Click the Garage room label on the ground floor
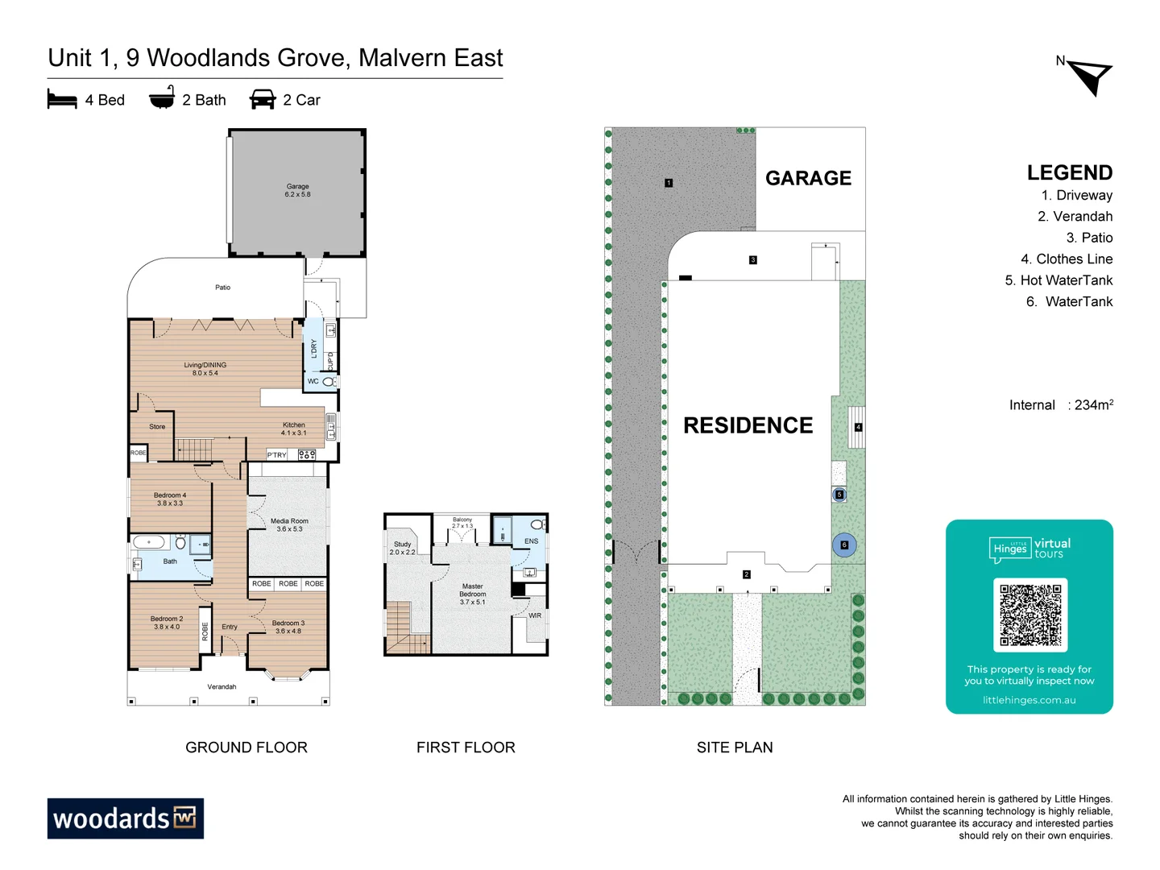[297, 190]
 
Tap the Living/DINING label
[205, 369]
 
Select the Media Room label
[289, 524]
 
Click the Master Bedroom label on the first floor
[472, 594]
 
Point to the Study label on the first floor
[402, 548]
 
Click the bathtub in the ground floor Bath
[149, 542]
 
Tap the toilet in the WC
[329, 382]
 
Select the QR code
[1030, 615]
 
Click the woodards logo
[125, 818]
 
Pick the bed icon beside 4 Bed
[62, 100]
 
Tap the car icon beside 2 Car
[263, 100]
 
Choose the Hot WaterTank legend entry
[1058, 280]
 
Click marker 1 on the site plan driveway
[669, 183]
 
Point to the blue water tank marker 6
[844, 545]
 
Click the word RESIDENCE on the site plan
[748, 425]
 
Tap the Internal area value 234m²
[1093, 405]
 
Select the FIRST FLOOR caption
[466, 748]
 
